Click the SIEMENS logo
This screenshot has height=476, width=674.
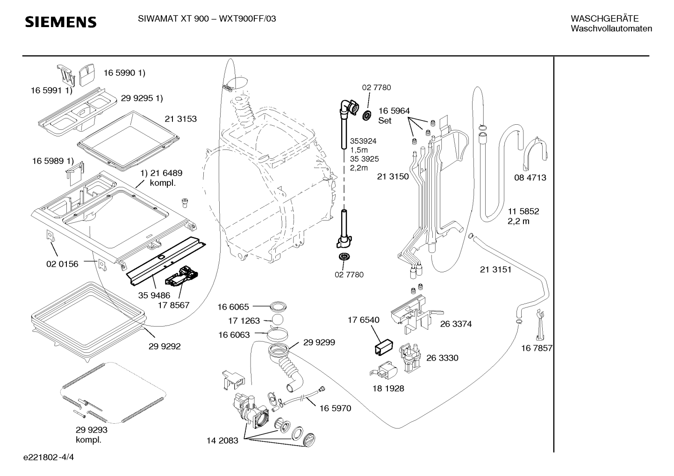(x=61, y=22)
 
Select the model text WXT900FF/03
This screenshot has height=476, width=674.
(x=247, y=19)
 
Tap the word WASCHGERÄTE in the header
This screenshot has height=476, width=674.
(x=604, y=18)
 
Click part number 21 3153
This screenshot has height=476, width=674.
(x=180, y=119)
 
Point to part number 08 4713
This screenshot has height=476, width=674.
(x=530, y=178)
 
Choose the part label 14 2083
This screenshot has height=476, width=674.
(x=222, y=440)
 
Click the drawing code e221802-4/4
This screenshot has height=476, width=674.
(x=49, y=457)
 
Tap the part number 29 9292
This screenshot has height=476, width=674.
(x=165, y=347)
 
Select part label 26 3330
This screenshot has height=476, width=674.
(x=442, y=358)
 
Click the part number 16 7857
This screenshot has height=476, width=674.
(x=537, y=348)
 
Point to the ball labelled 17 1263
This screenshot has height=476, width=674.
(x=278, y=320)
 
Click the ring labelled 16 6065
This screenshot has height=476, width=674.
(x=278, y=306)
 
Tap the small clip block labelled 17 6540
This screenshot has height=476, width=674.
(x=384, y=347)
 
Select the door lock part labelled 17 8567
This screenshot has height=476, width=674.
(x=182, y=276)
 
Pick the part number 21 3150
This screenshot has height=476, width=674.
(x=393, y=177)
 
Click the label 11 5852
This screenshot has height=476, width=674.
(x=523, y=211)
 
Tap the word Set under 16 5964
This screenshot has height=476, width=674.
(x=385, y=121)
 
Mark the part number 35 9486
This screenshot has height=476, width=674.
(x=154, y=295)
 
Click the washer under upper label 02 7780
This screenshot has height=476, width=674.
(x=366, y=115)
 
